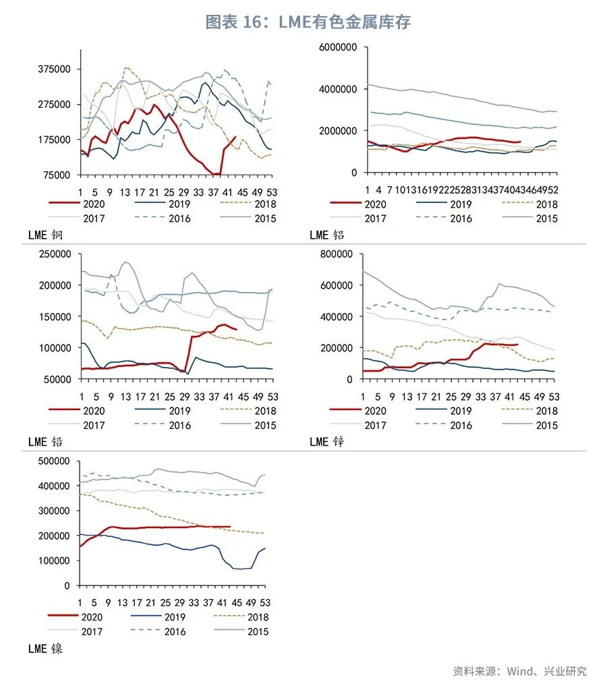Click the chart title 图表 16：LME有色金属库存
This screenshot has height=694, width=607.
[x=308, y=22]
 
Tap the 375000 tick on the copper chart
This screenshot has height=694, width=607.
[x=57, y=69]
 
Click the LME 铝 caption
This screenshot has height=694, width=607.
[x=327, y=235]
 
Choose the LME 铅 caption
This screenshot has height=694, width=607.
[x=45, y=442]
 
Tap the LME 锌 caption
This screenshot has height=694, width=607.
[x=327, y=442]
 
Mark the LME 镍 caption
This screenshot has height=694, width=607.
[x=45, y=649]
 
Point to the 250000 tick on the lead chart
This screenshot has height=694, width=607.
[x=57, y=254]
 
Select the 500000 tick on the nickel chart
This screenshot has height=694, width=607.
[x=57, y=461]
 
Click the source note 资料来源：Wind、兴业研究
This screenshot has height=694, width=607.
[x=519, y=671]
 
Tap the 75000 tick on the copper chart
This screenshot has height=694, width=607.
[x=59, y=175]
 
